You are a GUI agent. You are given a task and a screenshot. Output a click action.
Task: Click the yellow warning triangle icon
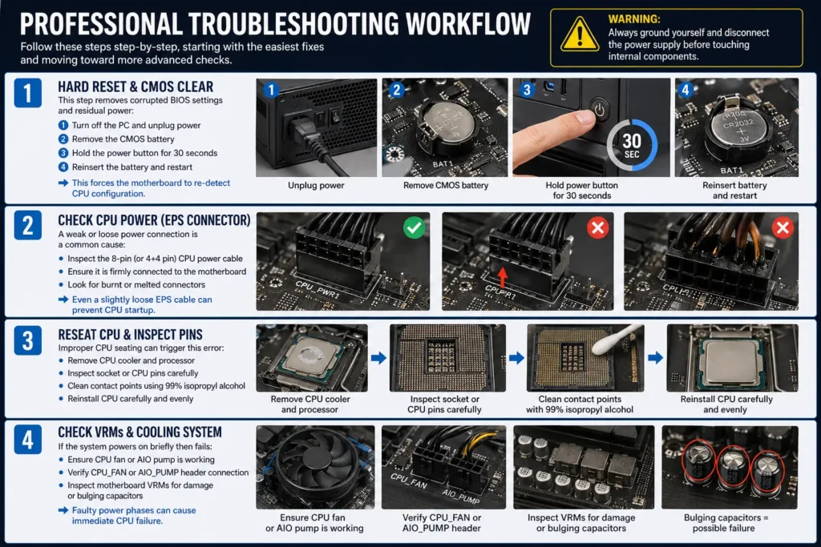click(x=579, y=35)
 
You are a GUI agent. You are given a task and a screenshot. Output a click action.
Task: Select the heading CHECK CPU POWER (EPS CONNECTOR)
click(x=154, y=220)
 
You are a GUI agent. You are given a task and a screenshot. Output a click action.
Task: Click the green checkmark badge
click(x=414, y=229)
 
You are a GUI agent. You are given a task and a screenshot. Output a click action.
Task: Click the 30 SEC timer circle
click(x=632, y=145)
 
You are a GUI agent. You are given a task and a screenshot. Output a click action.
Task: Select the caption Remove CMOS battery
click(x=444, y=186)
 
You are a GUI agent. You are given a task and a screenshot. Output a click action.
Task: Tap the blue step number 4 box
click(x=29, y=439)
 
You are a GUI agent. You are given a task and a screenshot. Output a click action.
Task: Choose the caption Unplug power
click(x=316, y=186)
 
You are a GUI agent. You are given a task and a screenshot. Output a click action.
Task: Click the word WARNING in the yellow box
click(x=634, y=18)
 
